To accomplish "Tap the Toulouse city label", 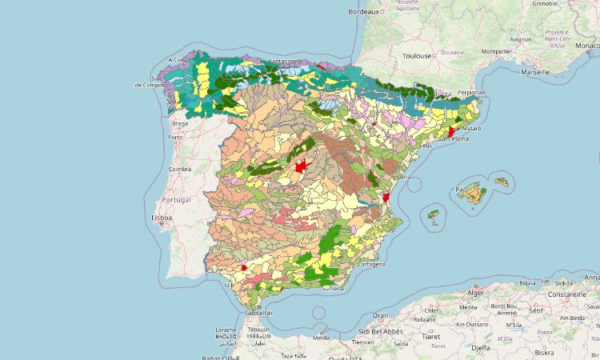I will click(x=417, y=56).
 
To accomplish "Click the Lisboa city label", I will click(x=162, y=218).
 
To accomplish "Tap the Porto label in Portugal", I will click(x=175, y=137).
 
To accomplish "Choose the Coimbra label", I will click(x=179, y=169).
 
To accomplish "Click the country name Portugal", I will click(x=176, y=198).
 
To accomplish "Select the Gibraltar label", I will click(x=254, y=313).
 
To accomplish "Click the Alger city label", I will click(x=476, y=293).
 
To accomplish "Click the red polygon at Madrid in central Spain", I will click(x=301, y=167).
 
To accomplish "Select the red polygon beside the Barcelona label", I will click(x=451, y=131).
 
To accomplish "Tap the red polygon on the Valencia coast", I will click(x=386, y=197).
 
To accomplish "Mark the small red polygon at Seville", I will click(x=243, y=268).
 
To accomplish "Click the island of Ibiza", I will click(x=434, y=217).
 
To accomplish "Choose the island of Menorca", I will click(x=502, y=182).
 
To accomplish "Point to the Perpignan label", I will click(x=472, y=92).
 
